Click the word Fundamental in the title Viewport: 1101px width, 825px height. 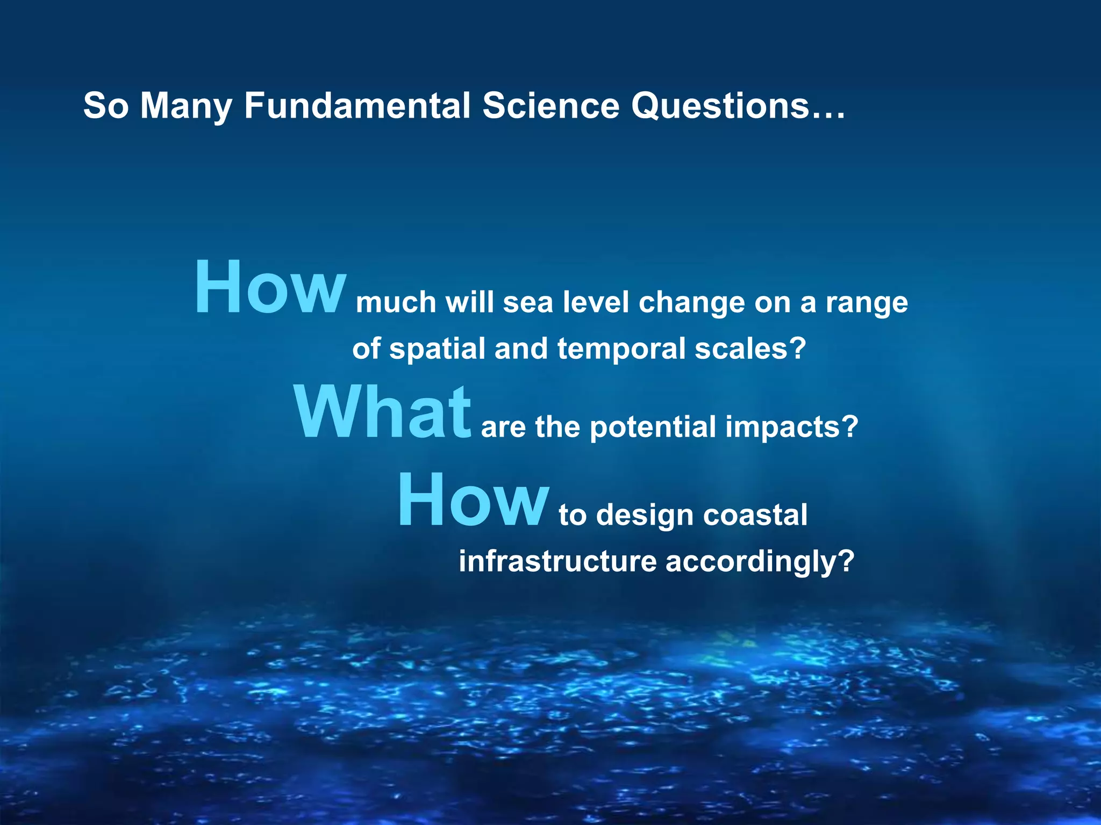coord(357,106)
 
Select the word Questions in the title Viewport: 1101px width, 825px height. coord(720,106)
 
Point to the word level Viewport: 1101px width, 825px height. coord(596,302)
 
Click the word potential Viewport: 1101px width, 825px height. coord(653,428)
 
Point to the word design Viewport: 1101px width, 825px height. coord(645,515)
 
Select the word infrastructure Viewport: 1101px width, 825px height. coord(557,562)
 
